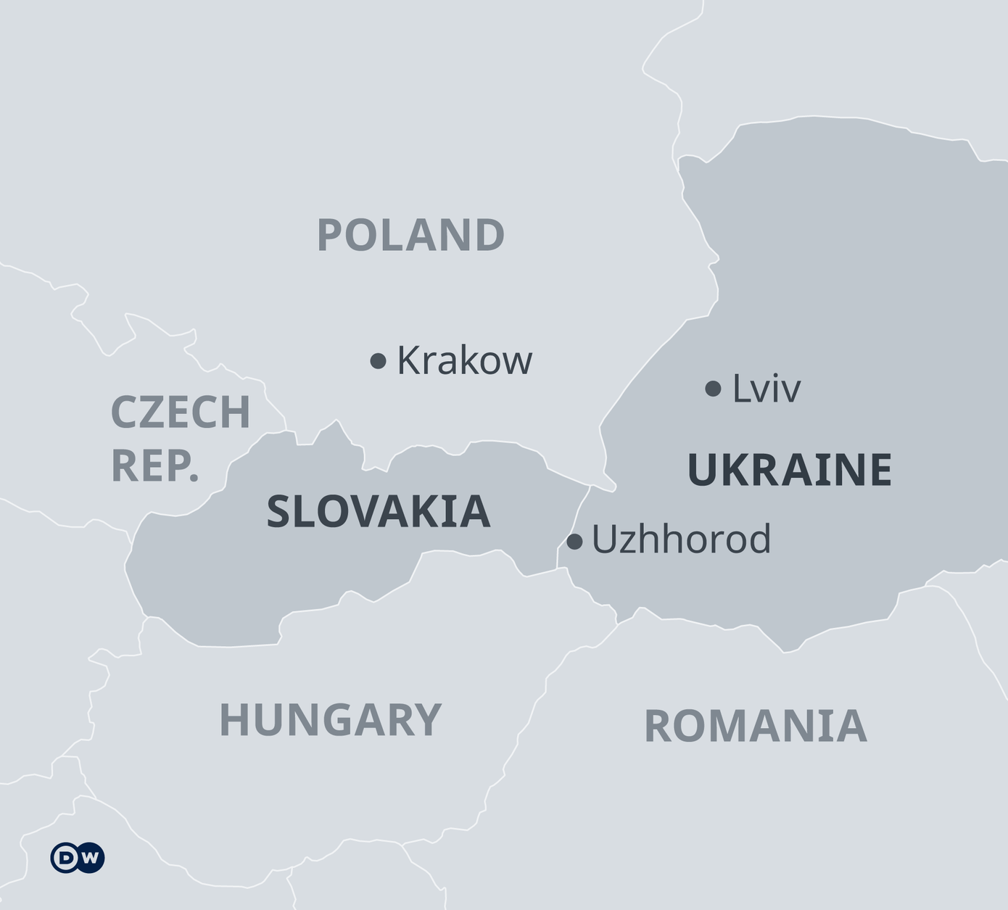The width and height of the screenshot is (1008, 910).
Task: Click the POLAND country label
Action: tap(410, 235)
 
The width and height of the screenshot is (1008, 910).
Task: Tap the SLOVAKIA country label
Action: tap(379, 511)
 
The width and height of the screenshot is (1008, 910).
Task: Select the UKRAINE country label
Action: tap(789, 470)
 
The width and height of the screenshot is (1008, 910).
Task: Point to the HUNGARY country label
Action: tap(330, 719)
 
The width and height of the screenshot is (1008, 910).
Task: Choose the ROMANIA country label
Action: tap(755, 727)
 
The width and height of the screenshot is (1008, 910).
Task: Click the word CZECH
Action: tap(181, 412)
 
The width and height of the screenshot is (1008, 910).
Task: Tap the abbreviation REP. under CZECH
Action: tap(155, 466)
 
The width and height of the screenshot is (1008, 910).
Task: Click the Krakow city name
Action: tap(464, 360)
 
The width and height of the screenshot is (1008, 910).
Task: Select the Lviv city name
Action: tap(766, 389)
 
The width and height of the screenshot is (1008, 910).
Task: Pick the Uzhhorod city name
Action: tap(681, 539)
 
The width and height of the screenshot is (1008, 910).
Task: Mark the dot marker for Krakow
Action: tap(378, 360)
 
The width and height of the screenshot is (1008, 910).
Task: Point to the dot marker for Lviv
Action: tap(713, 389)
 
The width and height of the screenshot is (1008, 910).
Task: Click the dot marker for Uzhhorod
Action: tap(574, 541)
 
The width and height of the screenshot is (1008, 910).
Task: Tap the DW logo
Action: tap(78, 858)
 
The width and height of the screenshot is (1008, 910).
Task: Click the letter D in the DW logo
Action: tap(66, 858)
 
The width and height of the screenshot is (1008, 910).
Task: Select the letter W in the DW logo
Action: tap(90, 858)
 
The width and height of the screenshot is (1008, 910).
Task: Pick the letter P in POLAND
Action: tap(330, 235)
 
